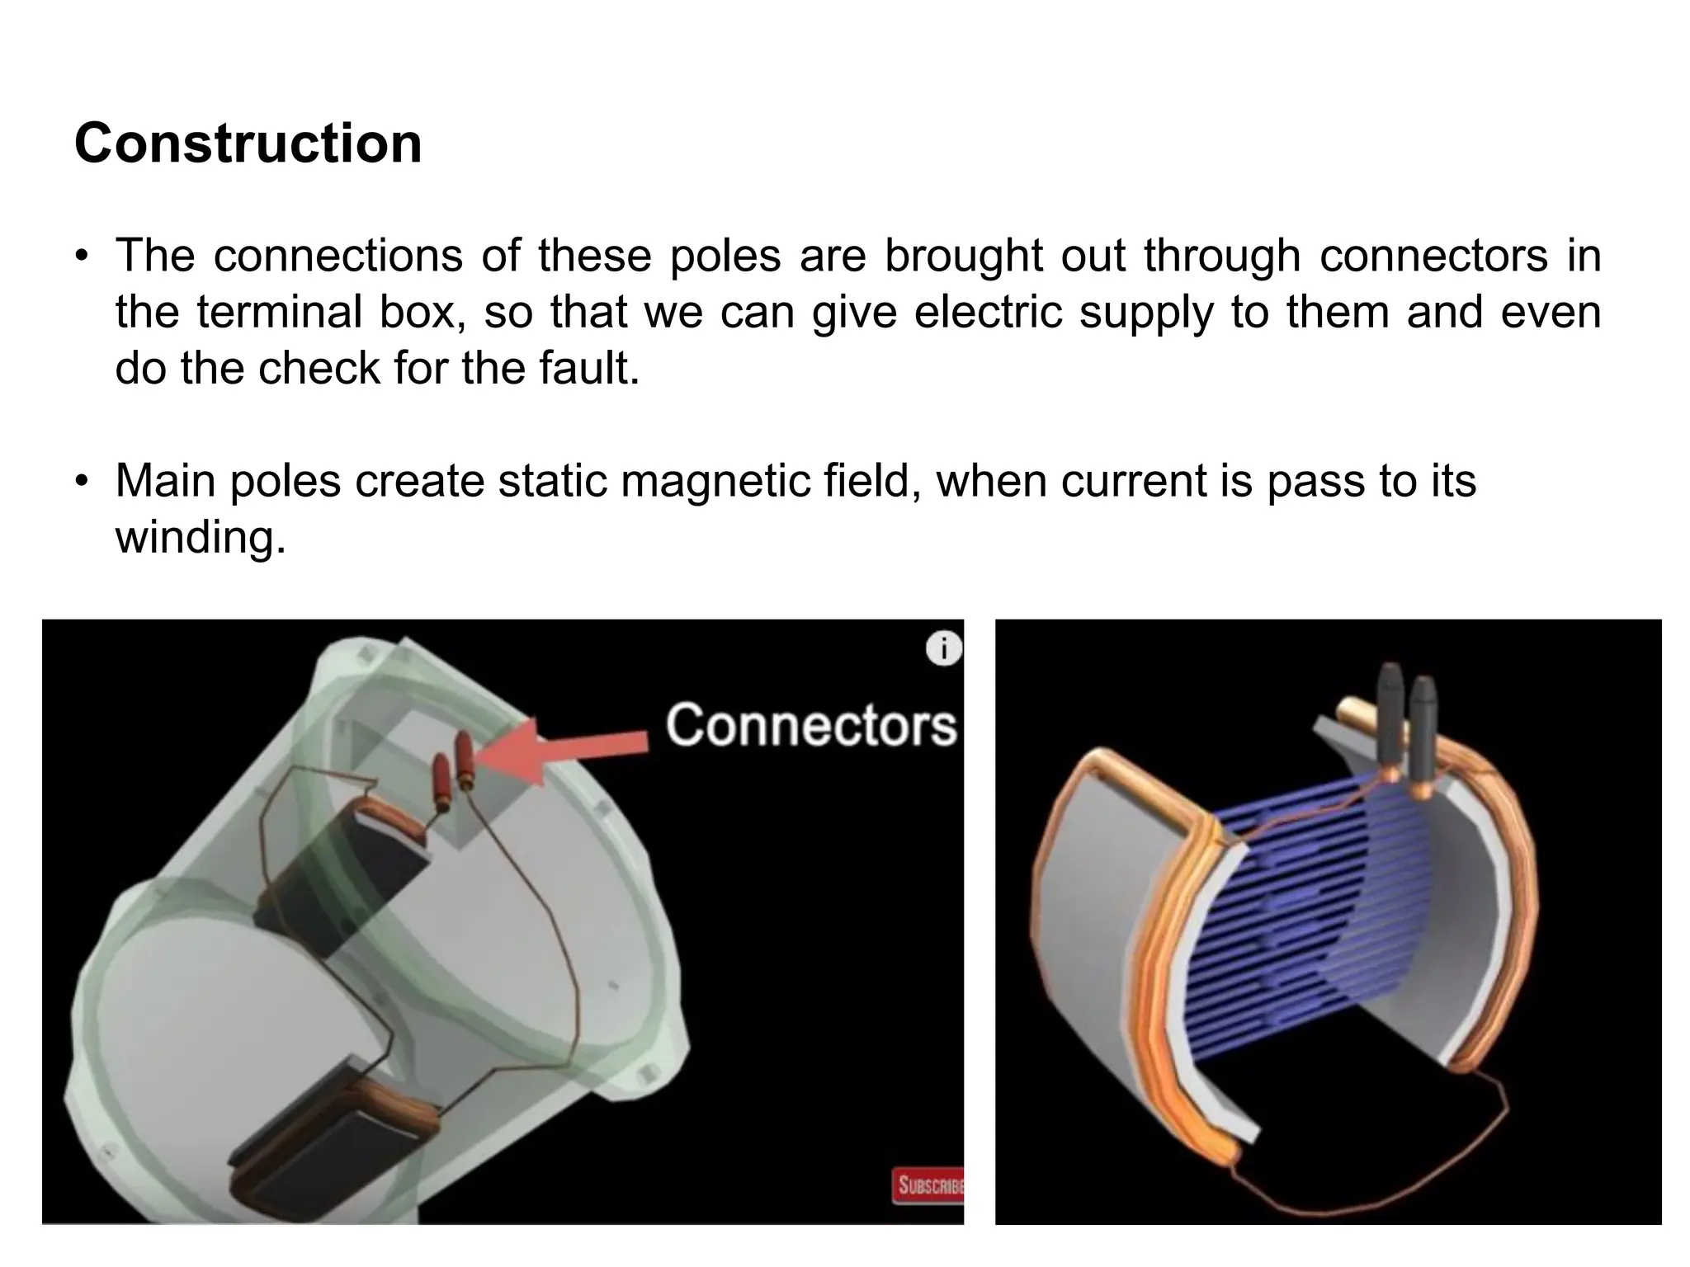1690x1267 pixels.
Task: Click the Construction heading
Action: click(x=248, y=144)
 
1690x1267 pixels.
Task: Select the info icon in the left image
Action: click(x=944, y=648)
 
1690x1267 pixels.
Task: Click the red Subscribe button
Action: click(x=928, y=1185)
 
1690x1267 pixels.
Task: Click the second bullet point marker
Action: click(x=81, y=483)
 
